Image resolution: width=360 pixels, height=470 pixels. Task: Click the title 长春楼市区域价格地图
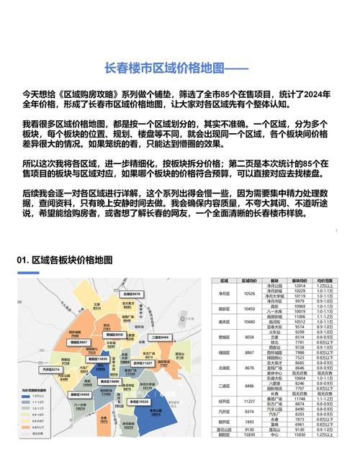[x=176, y=68]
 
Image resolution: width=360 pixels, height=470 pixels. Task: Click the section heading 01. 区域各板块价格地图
[x=65, y=258]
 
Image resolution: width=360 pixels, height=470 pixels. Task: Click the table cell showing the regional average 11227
[x=249, y=401]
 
